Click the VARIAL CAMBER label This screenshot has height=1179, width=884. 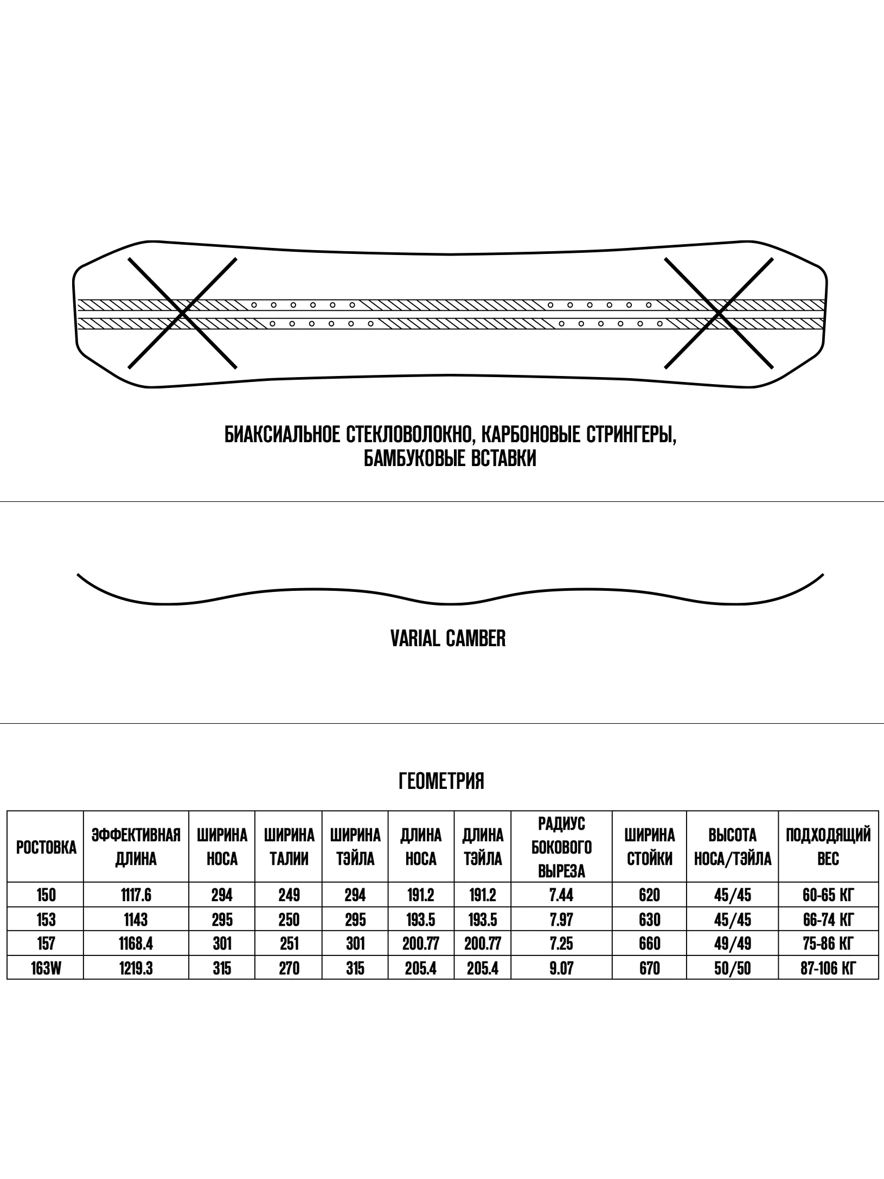point(448,639)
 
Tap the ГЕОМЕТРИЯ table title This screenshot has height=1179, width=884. point(441,781)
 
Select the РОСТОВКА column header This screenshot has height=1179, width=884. point(46,848)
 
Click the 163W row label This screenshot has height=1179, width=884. point(46,968)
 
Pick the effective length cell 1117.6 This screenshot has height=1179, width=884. point(136,895)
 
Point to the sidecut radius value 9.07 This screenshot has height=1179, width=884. point(561,968)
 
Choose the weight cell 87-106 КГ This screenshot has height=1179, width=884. point(828,968)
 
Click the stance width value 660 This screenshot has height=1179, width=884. point(649,944)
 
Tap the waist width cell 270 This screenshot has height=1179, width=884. point(289,968)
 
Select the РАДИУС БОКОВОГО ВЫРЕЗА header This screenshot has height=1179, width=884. point(561,847)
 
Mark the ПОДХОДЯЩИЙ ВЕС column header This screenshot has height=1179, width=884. point(828,847)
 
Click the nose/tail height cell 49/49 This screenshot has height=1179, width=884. point(733,944)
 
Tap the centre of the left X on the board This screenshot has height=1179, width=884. point(182,314)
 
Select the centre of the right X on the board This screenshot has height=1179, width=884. point(719,314)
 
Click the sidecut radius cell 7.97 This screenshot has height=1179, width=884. point(561,920)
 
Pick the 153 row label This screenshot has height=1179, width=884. point(46,920)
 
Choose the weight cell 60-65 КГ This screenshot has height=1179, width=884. point(828,895)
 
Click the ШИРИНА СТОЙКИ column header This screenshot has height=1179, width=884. point(649,847)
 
